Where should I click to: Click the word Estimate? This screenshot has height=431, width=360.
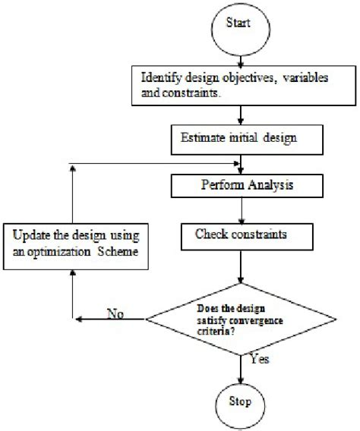tap(201, 140)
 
